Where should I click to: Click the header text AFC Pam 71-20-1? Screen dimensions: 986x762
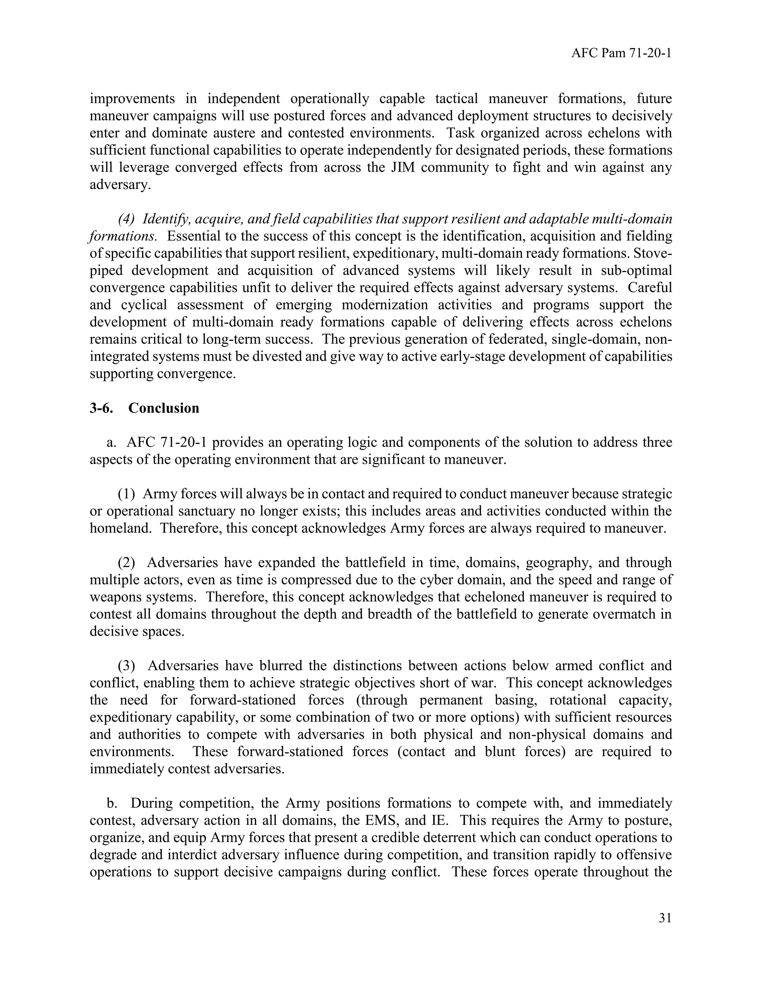click(x=621, y=53)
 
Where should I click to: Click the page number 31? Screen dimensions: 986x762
click(x=665, y=918)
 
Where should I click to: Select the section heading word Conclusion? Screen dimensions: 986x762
click(x=163, y=408)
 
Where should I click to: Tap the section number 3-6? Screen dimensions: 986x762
click(x=101, y=408)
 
